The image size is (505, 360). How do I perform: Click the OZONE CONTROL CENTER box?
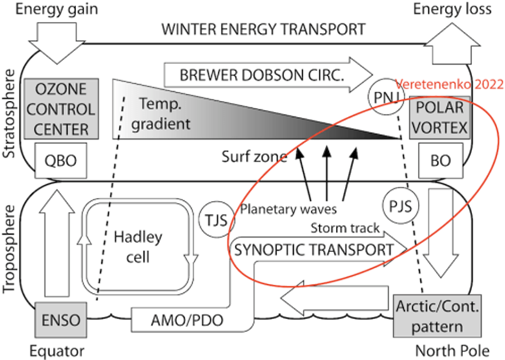[x=61, y=109]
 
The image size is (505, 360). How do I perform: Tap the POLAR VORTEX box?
[x=438, y=117]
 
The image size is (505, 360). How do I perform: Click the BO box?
[x=439, y=160]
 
